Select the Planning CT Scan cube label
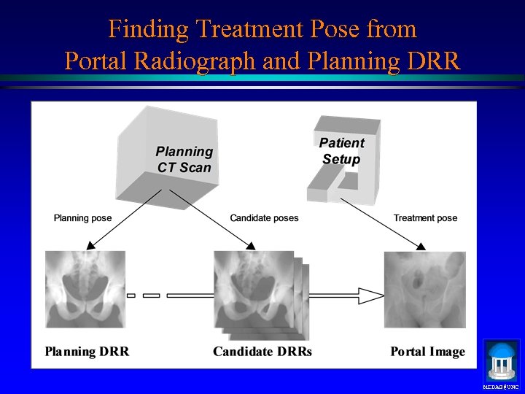(184, 159)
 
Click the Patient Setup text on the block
(341, 151)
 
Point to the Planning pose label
(82, 217)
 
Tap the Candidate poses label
(264, 217)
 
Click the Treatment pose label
(425, 217)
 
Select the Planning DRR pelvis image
(85, 289)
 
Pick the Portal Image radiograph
(424, 289)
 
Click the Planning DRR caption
(87, 352)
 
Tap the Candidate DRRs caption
(262, 352)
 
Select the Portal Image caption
(427, 352)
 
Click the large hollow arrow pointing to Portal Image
(350, 295)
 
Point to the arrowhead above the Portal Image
(421, 247)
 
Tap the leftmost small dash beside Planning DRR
(131, 295)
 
